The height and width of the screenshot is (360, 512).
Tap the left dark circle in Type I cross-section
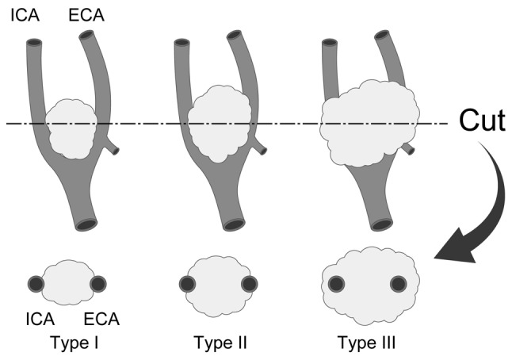pyautogui.click(x=36, y=284)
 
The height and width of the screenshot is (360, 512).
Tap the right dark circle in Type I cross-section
pyautogui.click(x=99, y=284)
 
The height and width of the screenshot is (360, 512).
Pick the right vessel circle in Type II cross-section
pyautogui.click(x=249, y=284)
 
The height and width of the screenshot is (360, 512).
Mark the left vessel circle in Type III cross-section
pyautogui.click(x=336, y=284)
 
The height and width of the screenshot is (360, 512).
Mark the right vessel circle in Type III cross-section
pyautogui.click(x=399, y=284)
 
